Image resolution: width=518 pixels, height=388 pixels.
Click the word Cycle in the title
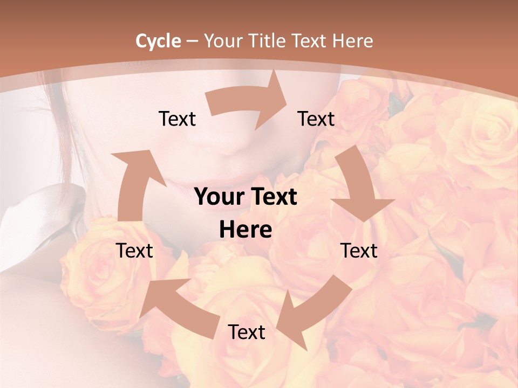158,41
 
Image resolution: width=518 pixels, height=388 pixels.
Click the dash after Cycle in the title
192,41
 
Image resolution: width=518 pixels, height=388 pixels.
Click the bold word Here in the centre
246,230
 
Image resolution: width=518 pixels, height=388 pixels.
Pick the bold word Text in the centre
274,197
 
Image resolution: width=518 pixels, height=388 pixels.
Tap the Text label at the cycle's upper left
177,119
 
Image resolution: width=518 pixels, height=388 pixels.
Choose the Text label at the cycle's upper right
316,119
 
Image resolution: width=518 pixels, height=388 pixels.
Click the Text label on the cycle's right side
359,251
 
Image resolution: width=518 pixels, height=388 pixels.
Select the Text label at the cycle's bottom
247,332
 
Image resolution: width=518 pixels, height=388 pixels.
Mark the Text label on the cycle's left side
134,251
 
